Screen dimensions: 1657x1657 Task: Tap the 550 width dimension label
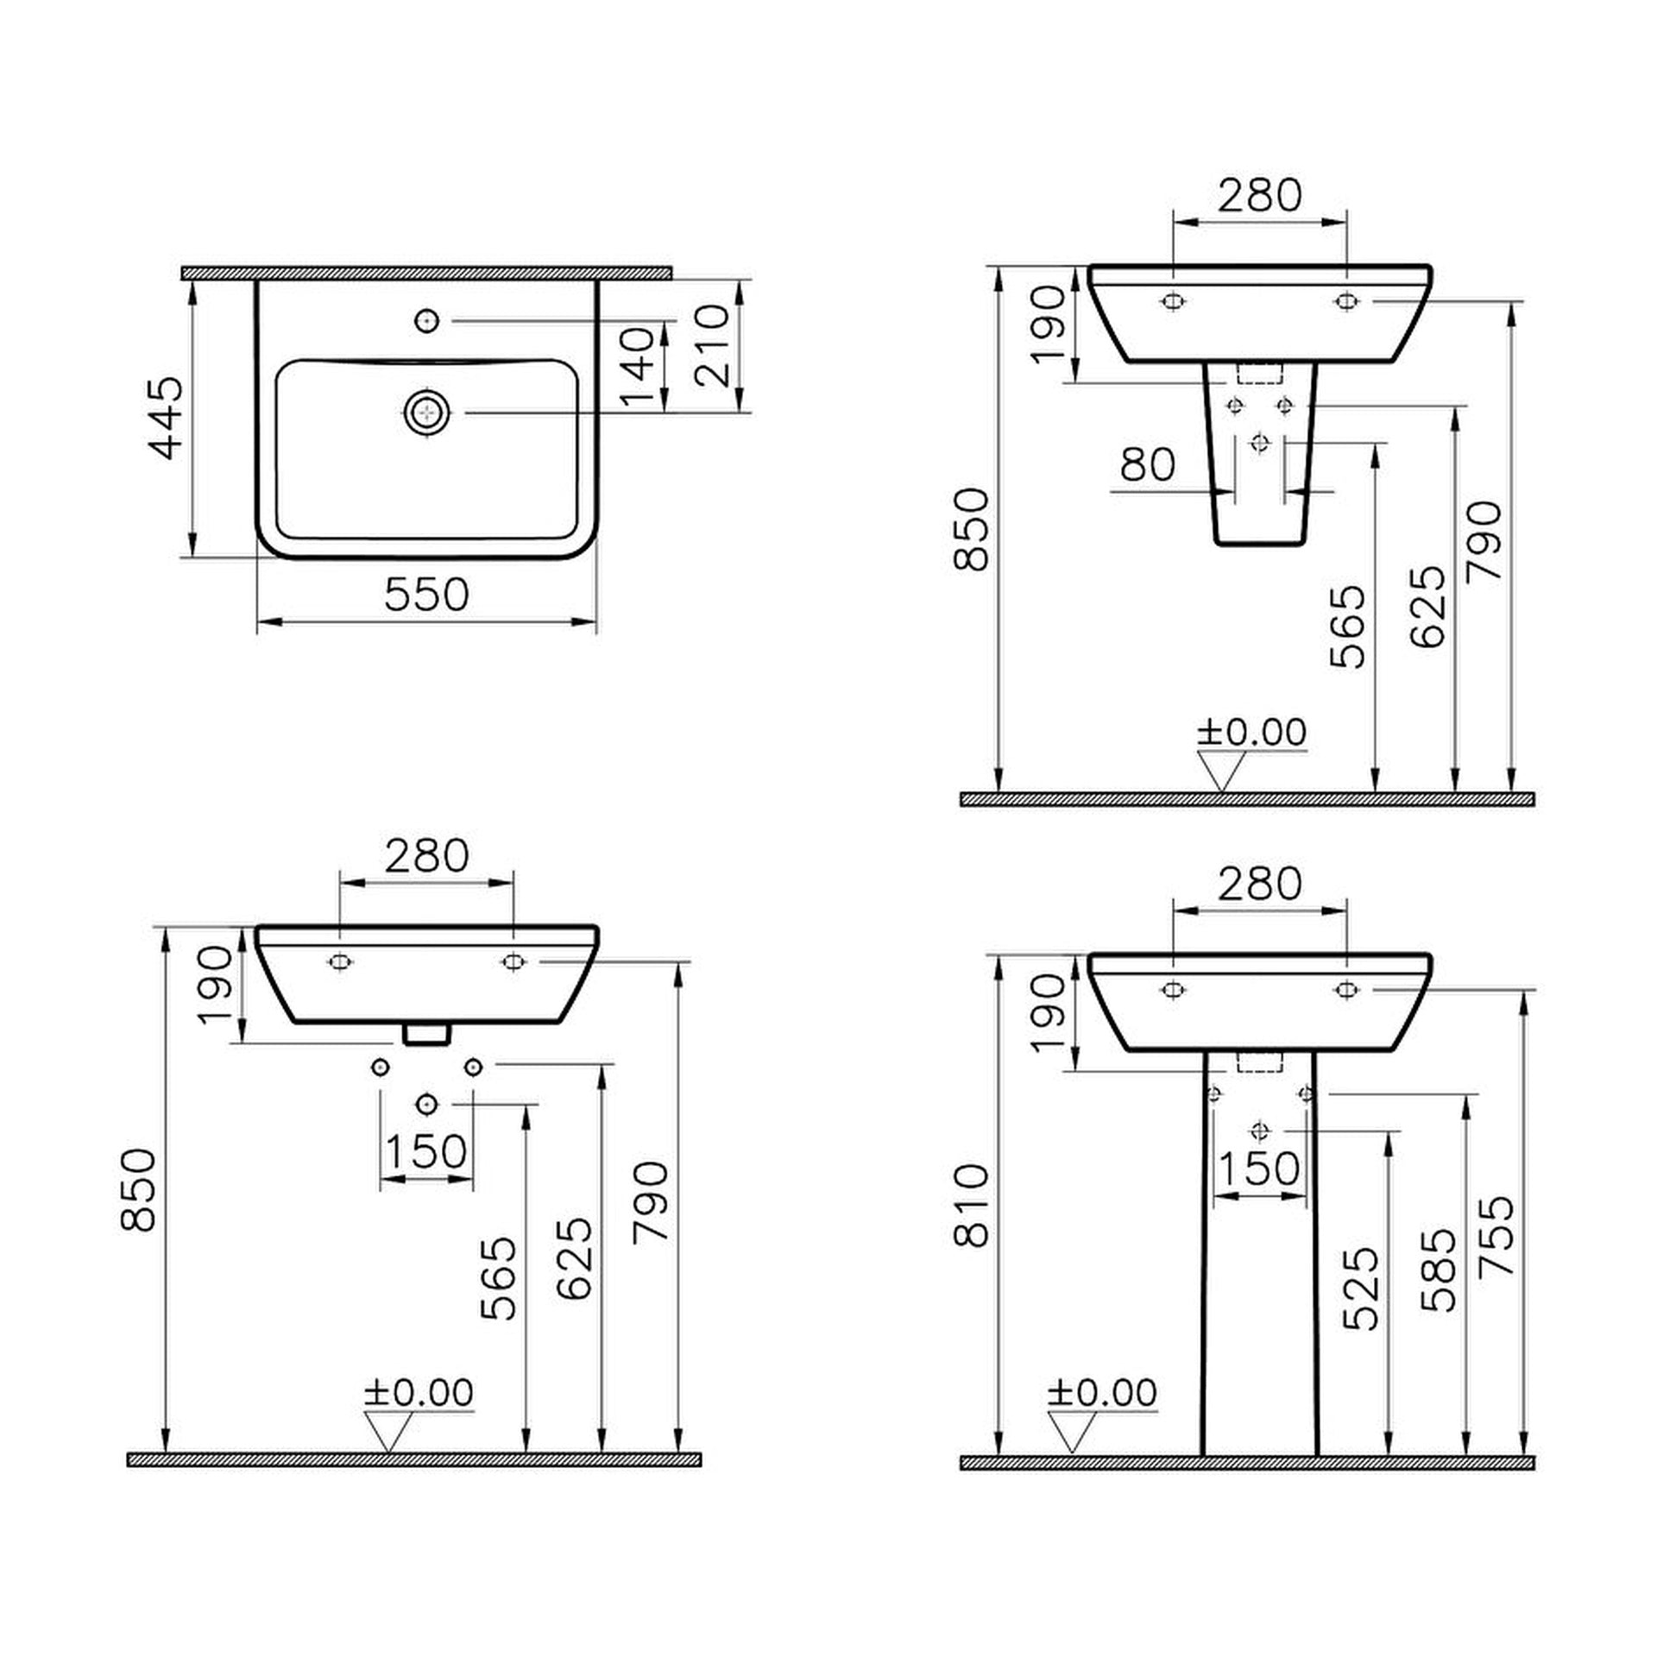426,595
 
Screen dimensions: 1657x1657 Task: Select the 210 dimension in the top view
712,345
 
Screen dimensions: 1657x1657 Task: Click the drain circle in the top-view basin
426,413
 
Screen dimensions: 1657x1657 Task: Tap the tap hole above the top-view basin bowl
427,321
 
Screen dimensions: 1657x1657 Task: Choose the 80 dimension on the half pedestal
1148,465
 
